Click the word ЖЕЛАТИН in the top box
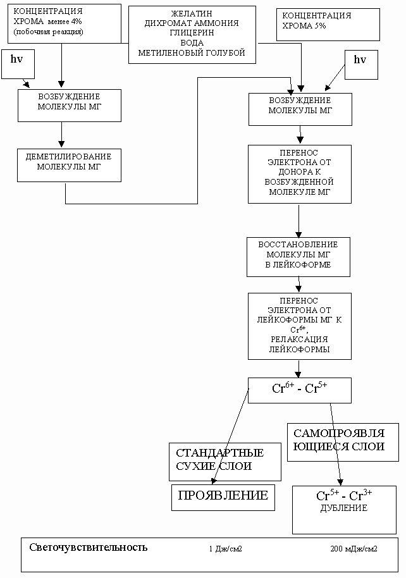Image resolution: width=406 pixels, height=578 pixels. point(192,14)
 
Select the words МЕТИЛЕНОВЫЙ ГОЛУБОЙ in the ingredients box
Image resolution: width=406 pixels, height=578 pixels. point(192,52)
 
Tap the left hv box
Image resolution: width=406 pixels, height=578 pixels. point(18,64)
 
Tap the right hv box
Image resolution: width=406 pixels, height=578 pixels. point(361,65)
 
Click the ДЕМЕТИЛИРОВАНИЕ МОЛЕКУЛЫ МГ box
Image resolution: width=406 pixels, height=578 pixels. point(70,165)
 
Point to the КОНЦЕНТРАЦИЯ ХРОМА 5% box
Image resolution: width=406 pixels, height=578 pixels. point(328,25)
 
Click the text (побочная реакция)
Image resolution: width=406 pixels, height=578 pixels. point(48,32)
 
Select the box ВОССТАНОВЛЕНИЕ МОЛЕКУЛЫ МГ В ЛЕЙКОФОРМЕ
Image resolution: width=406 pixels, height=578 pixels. point(298,257)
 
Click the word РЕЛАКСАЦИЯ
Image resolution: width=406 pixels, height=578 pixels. point(299,339)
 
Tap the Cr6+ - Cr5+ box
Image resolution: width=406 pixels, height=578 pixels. point(299,390)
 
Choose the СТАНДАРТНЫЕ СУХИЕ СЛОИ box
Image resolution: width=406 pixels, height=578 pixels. point(225,462)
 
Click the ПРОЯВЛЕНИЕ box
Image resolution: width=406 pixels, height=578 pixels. point(223,498)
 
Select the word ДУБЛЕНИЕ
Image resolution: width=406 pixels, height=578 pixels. point(343,508)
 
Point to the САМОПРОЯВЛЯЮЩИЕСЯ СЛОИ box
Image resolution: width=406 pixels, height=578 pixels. point(343,442)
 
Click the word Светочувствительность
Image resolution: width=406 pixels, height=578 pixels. point(88,547)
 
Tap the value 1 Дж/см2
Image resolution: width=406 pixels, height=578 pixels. point(225,549)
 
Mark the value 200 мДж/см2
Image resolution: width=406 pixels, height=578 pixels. point(354,549)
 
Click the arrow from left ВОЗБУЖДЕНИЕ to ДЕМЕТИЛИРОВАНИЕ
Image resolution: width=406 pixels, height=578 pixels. point(61,135)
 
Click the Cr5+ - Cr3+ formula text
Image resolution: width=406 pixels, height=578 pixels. point(344,495)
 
